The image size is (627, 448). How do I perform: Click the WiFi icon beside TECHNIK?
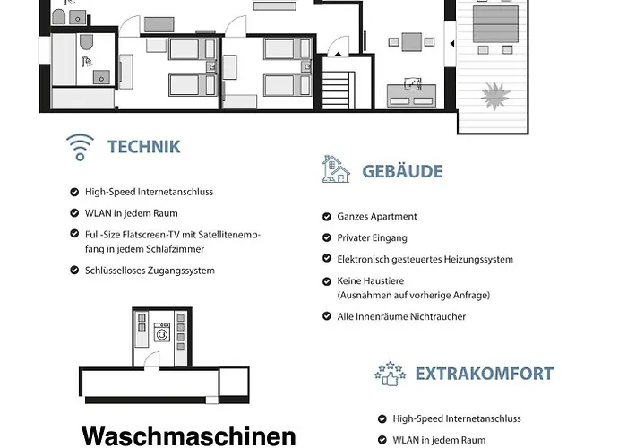point(80,147)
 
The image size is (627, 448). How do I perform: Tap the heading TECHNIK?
point(143,147)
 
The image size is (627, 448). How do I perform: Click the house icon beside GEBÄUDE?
point(335,169)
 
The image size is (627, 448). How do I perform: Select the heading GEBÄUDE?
point(402,170)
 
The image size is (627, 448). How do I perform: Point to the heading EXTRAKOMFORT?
point(484,374)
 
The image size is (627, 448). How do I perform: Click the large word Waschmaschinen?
point(188,436)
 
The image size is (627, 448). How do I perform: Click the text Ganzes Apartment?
point(377,217)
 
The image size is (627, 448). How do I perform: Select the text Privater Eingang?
point(372,238)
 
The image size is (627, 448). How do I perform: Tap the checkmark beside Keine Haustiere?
point(326,281)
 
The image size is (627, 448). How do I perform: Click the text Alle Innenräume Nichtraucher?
point(401,317)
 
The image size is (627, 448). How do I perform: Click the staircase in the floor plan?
point(339,90)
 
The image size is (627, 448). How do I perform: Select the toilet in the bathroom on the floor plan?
point(87,43)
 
